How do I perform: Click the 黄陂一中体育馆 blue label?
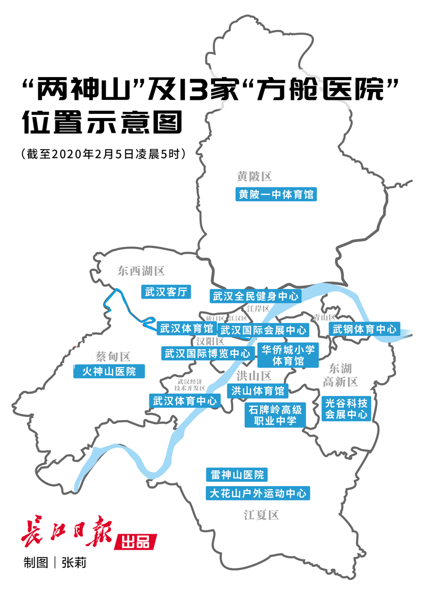tap(276, 195)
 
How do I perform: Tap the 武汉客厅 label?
tap(166, 292)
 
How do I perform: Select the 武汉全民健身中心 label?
tap(255, 296)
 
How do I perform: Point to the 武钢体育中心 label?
tap(364, 329)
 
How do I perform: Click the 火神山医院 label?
tap(109, 371)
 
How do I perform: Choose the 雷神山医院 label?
tap(237, 475)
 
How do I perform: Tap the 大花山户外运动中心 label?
tap(258, 493)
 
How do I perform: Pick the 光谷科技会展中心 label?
tap(346, 408)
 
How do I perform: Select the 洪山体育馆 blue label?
tap(258, 390)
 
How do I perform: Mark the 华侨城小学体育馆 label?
tap(287, 355)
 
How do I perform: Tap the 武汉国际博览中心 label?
tap(207, 354)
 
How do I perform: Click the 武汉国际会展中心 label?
tap(263, 330)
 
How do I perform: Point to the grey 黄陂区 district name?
tap(254, 177)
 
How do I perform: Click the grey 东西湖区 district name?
tap(140, 270)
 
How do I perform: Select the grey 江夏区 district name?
tap(262, 515)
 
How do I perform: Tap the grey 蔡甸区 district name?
tap(113, 356)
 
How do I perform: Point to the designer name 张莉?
tap(74, 562)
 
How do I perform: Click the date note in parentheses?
tap(102, 154)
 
